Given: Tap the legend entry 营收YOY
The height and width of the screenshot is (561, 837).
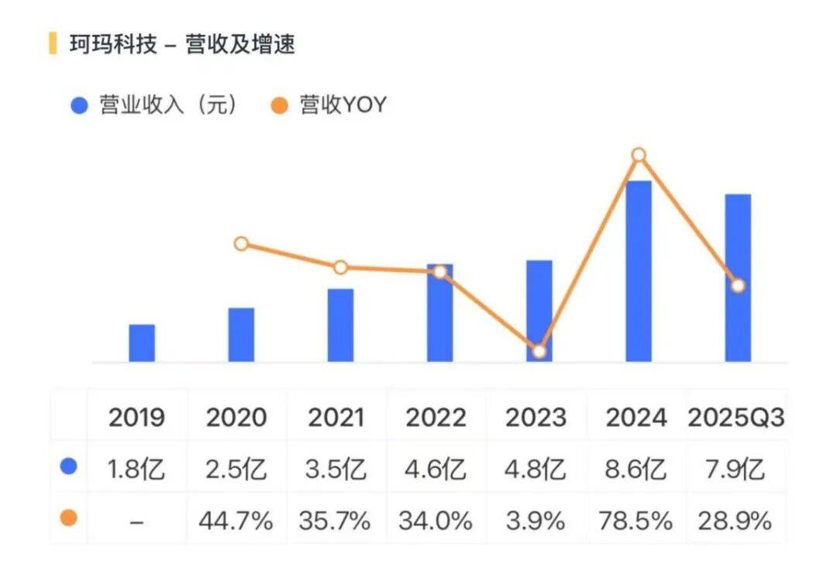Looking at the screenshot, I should [x=342, y=105].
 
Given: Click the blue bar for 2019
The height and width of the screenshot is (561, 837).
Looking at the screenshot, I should [x=142, y=343].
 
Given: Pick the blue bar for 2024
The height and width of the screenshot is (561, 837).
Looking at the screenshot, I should [x=639, y=271].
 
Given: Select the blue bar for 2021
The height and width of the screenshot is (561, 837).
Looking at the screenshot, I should [x=340, y=325].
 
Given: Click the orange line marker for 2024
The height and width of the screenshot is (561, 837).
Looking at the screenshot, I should [x=639, y=155].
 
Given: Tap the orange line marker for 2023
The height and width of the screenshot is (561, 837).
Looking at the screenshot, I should [x=539, y=351].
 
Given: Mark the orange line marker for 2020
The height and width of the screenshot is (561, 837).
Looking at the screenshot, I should [x=241, y=244].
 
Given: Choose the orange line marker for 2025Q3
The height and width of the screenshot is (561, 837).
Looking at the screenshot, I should [x=738, y=286].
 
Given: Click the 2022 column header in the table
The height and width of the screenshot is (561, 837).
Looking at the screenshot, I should [x=436, y=418].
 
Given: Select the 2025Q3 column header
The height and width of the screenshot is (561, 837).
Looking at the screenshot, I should [x=736, y=418].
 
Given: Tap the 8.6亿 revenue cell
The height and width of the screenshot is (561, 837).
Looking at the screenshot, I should [x=636, y=470].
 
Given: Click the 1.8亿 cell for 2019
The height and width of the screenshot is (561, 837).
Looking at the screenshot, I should [x=136, y=470].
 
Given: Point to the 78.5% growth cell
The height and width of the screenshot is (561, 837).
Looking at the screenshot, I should [x=636, y=521].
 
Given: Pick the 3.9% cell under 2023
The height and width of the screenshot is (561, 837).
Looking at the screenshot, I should [x=536, y=521].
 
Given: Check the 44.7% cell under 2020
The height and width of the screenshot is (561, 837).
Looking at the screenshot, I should [x=236, y=521].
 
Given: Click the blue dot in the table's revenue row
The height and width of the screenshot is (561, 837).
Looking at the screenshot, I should [x=69, y=466].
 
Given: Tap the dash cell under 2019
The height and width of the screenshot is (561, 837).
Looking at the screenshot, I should [x=136, y=521].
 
